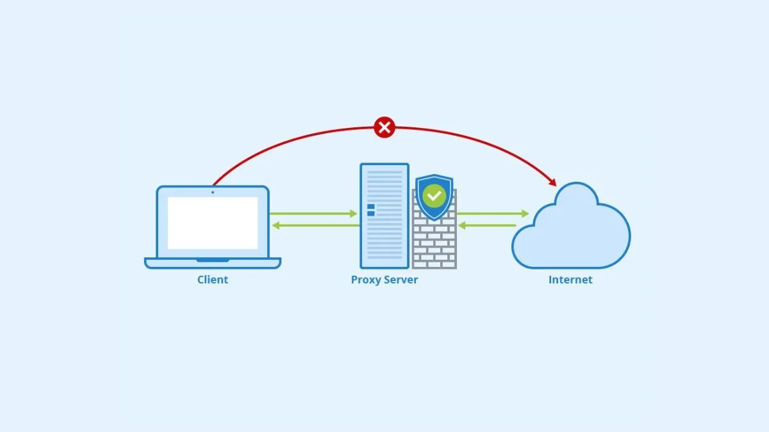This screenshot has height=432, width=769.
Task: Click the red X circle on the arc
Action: coord(384,128)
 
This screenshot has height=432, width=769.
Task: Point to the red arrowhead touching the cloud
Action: coord(552,182)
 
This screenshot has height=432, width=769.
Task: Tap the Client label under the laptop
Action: coord(213,280)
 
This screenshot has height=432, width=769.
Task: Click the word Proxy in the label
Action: coord(365,280)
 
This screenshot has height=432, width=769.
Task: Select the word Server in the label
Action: coord(400,280)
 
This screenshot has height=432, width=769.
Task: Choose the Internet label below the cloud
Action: coord(570,280)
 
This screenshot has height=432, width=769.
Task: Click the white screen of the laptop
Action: coord(213,223)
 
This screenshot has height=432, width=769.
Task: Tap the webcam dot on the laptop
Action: coord(213,192)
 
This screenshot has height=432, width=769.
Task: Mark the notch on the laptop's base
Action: coord(213,260)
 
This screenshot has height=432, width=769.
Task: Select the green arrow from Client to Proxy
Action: coord(313,214)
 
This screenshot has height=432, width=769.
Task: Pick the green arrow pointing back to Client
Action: coord(313,225)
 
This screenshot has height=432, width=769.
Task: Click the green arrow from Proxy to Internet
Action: coord(493,214)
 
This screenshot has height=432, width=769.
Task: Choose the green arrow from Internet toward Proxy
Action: coord(488,225)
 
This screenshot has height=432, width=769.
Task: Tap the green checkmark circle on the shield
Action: coord(435,195)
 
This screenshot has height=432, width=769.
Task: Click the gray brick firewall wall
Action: coord(434,246)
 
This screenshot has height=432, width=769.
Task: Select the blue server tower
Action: coord(384,237)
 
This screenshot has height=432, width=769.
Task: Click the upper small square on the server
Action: coord(370,207)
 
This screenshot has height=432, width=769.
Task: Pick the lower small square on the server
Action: coord(370,214)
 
